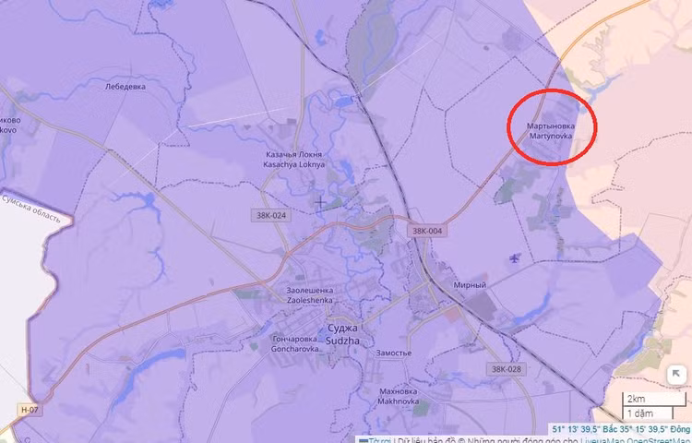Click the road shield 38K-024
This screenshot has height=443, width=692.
tap(268, 215)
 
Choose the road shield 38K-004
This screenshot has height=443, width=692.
tap(427, 231)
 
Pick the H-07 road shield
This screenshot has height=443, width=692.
tap(31, 409)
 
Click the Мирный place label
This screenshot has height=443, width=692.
tap(470, 285)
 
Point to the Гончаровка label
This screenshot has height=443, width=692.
tap(294, 340)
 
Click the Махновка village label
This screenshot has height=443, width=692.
tap(399, 390)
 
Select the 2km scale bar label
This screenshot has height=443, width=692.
tap(636, 398)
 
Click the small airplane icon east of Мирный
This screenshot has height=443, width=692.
tap(514, 257)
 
